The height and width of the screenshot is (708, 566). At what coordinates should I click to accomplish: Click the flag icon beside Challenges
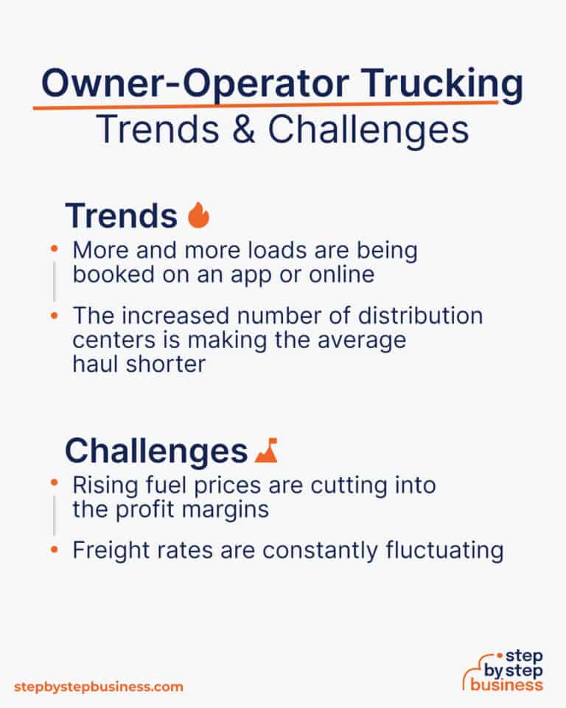click(265, 450)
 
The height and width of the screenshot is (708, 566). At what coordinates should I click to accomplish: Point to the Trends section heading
click(122, 215)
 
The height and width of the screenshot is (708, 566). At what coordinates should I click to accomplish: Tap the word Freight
click(106, 551)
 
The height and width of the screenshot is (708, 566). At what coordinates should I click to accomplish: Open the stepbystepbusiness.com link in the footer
click(98, 687)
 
